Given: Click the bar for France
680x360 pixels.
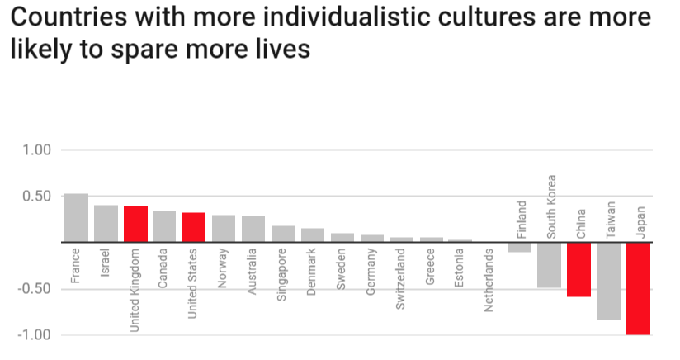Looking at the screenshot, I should click(76, 218).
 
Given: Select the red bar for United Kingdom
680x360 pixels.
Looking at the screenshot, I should click(135, 224).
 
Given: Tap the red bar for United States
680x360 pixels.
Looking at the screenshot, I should click(194, 227).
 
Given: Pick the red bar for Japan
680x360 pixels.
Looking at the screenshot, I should click(638, 288).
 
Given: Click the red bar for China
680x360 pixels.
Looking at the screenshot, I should click(578, 269).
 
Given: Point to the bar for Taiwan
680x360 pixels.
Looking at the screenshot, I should click(608, 281).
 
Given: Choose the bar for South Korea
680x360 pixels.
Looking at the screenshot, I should click(549, 265).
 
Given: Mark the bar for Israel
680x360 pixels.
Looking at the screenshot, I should click(106, 224).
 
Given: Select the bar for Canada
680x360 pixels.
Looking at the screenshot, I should click(164, 226).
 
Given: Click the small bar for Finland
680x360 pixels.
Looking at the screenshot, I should click(519, 248).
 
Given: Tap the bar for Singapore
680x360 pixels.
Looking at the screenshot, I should click(283, 234).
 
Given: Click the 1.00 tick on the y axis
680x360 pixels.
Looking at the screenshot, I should click(35, 150).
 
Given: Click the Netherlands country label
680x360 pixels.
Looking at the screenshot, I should click(489, 280).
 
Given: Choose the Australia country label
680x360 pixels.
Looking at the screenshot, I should click(253, 272).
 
